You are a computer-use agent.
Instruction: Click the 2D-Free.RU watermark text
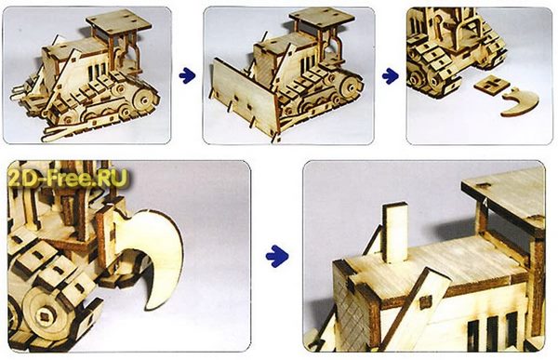click(68, 179)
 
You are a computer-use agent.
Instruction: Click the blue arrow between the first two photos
click(187, 75)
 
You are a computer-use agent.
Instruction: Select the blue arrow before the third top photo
click(391, 75)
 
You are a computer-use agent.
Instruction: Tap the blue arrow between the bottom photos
click(277, 255)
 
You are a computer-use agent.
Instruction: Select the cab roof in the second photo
click(322, 19)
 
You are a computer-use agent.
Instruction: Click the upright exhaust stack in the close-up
click(395, 233)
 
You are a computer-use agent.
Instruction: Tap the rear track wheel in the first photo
click(144, 100)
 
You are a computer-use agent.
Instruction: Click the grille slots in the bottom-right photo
click(493, 330)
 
